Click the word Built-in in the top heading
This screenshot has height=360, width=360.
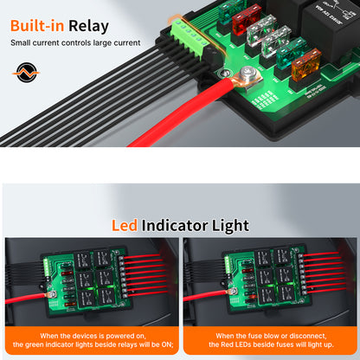click(37, 26)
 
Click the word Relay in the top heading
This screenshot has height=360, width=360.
click(88, 26)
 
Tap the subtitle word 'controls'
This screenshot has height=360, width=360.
click(75, 42)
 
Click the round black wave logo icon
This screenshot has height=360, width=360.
click(26, 73)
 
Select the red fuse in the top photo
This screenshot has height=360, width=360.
click(247, 20)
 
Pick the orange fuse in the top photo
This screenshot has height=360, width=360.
click(305, 66)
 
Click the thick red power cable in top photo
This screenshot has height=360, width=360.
click(184, 112)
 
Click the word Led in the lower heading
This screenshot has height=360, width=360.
click(125, 225)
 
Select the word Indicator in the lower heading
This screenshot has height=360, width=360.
click(175, 225)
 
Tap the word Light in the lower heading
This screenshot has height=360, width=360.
click(230, 226)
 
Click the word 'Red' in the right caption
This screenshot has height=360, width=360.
click(227, 344)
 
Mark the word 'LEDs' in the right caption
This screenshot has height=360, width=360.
click(243, 344)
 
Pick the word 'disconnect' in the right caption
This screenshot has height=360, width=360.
click(307, 336)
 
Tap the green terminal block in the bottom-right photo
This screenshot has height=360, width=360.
click(228, 265)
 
